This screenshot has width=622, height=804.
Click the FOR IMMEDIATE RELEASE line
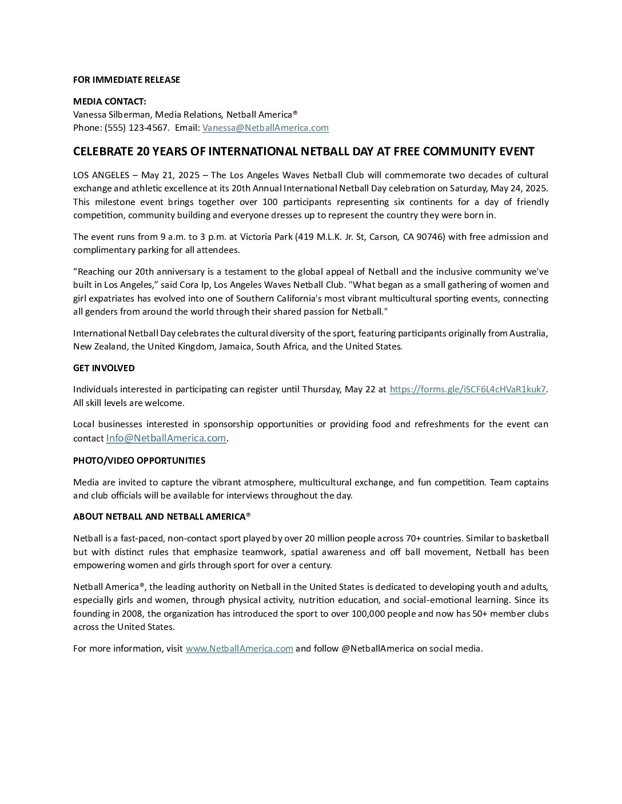click(x=126, y=80)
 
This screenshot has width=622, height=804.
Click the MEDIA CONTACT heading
click(x=110, y=102)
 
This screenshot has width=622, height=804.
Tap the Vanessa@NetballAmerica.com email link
click(x=265, y=128)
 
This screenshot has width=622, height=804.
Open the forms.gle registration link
click(x=468, y=389)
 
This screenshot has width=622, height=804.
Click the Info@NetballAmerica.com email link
click(x=166, y=438)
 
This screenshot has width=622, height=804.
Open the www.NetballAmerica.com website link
click(x=239, y=649)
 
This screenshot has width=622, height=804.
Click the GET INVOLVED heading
click(x=104, y=368)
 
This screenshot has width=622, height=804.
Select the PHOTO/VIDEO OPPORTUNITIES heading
click(x=139, y=461)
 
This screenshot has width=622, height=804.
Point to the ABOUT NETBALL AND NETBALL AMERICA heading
click(x=162, y=517)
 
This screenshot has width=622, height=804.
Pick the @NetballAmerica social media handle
click(x=377, y=649)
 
